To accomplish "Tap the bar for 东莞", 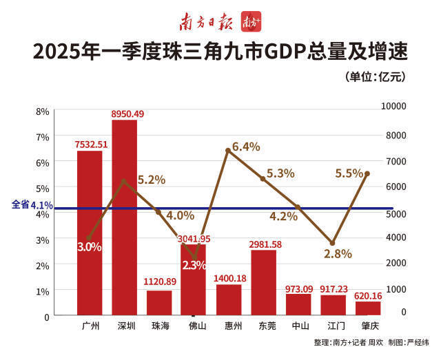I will (x=263, y=282).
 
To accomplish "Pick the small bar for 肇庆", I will (x=368, y=308).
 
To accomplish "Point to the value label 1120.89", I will (x=160, y=282).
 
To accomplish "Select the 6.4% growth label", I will (x=246, y=147).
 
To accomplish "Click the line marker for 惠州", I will (x=228, y=150).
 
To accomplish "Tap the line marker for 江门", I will (x=333, y=244).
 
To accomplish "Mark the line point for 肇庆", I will (x=367, y=173).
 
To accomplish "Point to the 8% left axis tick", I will (x=42, y=111).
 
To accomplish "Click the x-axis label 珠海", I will (x=160, y=325).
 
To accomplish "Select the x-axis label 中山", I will (x=298, y=325).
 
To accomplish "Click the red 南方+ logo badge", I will (x=250, y=22).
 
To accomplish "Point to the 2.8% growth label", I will (x=338, y=254).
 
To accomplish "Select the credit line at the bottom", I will (x=371, y=342).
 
